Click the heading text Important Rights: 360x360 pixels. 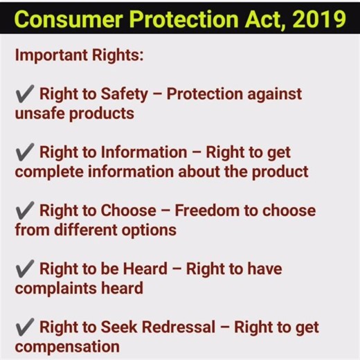[79, 55]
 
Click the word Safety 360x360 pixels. [136, 94]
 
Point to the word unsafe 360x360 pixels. [39, 113]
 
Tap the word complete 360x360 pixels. [43, 171]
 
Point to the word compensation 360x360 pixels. [62, 345]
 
